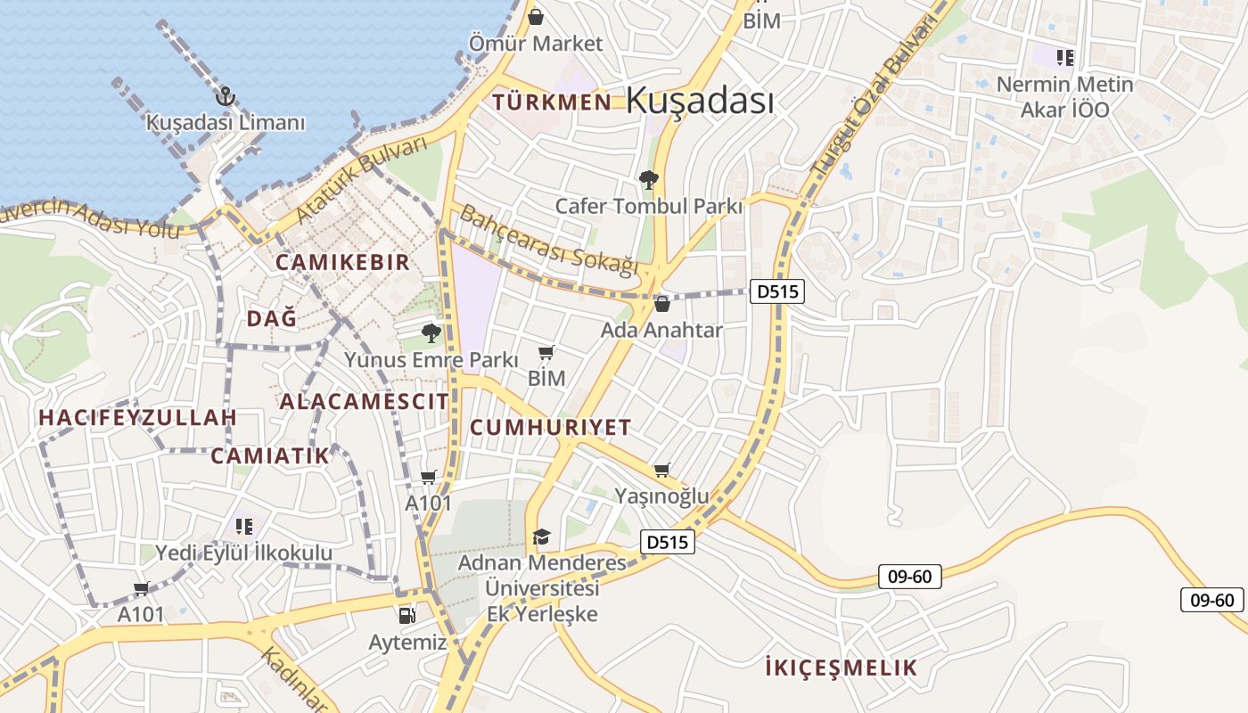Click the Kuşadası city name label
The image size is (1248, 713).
click(700, 100)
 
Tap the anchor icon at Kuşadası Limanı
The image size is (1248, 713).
click(226, 96)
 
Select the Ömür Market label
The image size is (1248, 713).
click(536, 43)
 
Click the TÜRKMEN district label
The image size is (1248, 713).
click(552, 102)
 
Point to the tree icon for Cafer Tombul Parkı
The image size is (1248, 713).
click(648, 180)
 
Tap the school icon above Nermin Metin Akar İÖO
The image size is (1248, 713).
click(1064, 59)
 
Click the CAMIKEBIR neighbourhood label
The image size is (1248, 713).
click(342, 262)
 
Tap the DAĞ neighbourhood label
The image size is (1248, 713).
click(271, 318)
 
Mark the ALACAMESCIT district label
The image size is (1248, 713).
click(364, 401)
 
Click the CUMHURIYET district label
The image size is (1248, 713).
click(550, 427)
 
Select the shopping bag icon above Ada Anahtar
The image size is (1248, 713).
click(661, 304)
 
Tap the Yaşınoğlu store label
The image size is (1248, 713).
click(661, 496)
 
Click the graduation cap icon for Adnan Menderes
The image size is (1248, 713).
click(541, 537)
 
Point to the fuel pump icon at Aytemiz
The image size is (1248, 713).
click(406, 615)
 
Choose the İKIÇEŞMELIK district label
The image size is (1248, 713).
click(841, 668)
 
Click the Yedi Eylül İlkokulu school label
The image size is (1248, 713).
click(243, 553)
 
